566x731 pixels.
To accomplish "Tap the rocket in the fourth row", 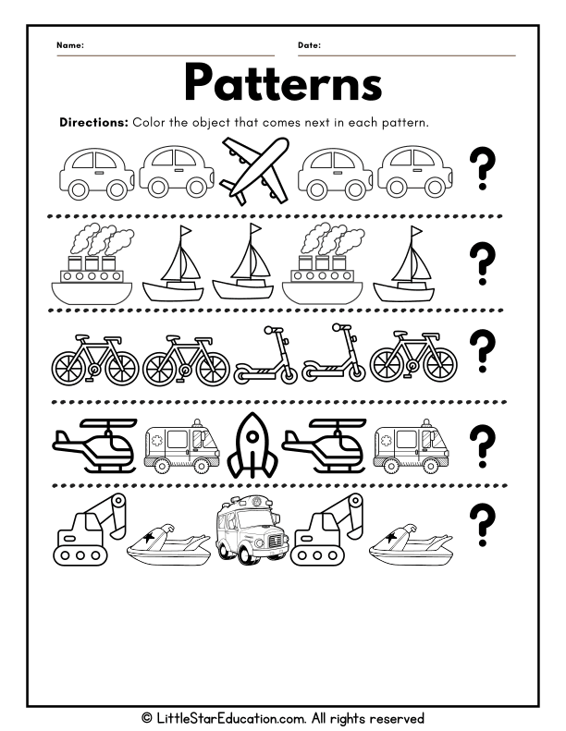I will coord(251,443).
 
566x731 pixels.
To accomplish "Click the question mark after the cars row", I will coord(482,171).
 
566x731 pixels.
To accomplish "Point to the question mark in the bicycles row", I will coord(482,352).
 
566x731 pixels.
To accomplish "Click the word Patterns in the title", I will coord(282,83).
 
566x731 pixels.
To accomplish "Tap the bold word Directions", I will coord(93,122).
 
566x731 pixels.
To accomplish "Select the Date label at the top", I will coord(309,45).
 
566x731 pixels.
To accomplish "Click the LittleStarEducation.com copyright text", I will coord(282,717).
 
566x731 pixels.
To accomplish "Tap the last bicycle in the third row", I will coord(400,359).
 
